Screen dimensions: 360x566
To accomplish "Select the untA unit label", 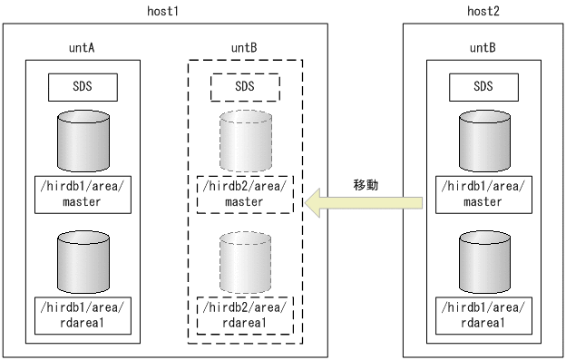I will click(x=81, y=46).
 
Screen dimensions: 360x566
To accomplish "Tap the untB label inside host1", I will click(x=245, y=46).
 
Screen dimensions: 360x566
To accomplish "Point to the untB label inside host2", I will click(x=484, y=46).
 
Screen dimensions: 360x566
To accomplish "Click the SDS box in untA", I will click(x=81, y=87).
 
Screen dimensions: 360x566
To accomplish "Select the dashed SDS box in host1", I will click(x=245, y=87).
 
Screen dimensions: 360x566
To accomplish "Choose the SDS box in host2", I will click(x=484, y=87).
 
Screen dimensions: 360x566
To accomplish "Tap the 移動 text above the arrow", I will click(x=366, y=184).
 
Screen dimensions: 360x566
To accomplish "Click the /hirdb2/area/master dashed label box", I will click(x=245, y=194).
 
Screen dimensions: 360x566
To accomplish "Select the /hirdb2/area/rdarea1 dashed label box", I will click(x=245, y=313).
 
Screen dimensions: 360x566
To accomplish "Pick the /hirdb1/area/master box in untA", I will click(x=81, y=194).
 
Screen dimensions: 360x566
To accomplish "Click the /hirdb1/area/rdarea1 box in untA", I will click(x=81, y=313).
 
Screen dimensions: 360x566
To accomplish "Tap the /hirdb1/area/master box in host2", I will click(x=484, y=194).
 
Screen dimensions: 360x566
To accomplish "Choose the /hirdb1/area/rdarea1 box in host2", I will click(x=484, y=313).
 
